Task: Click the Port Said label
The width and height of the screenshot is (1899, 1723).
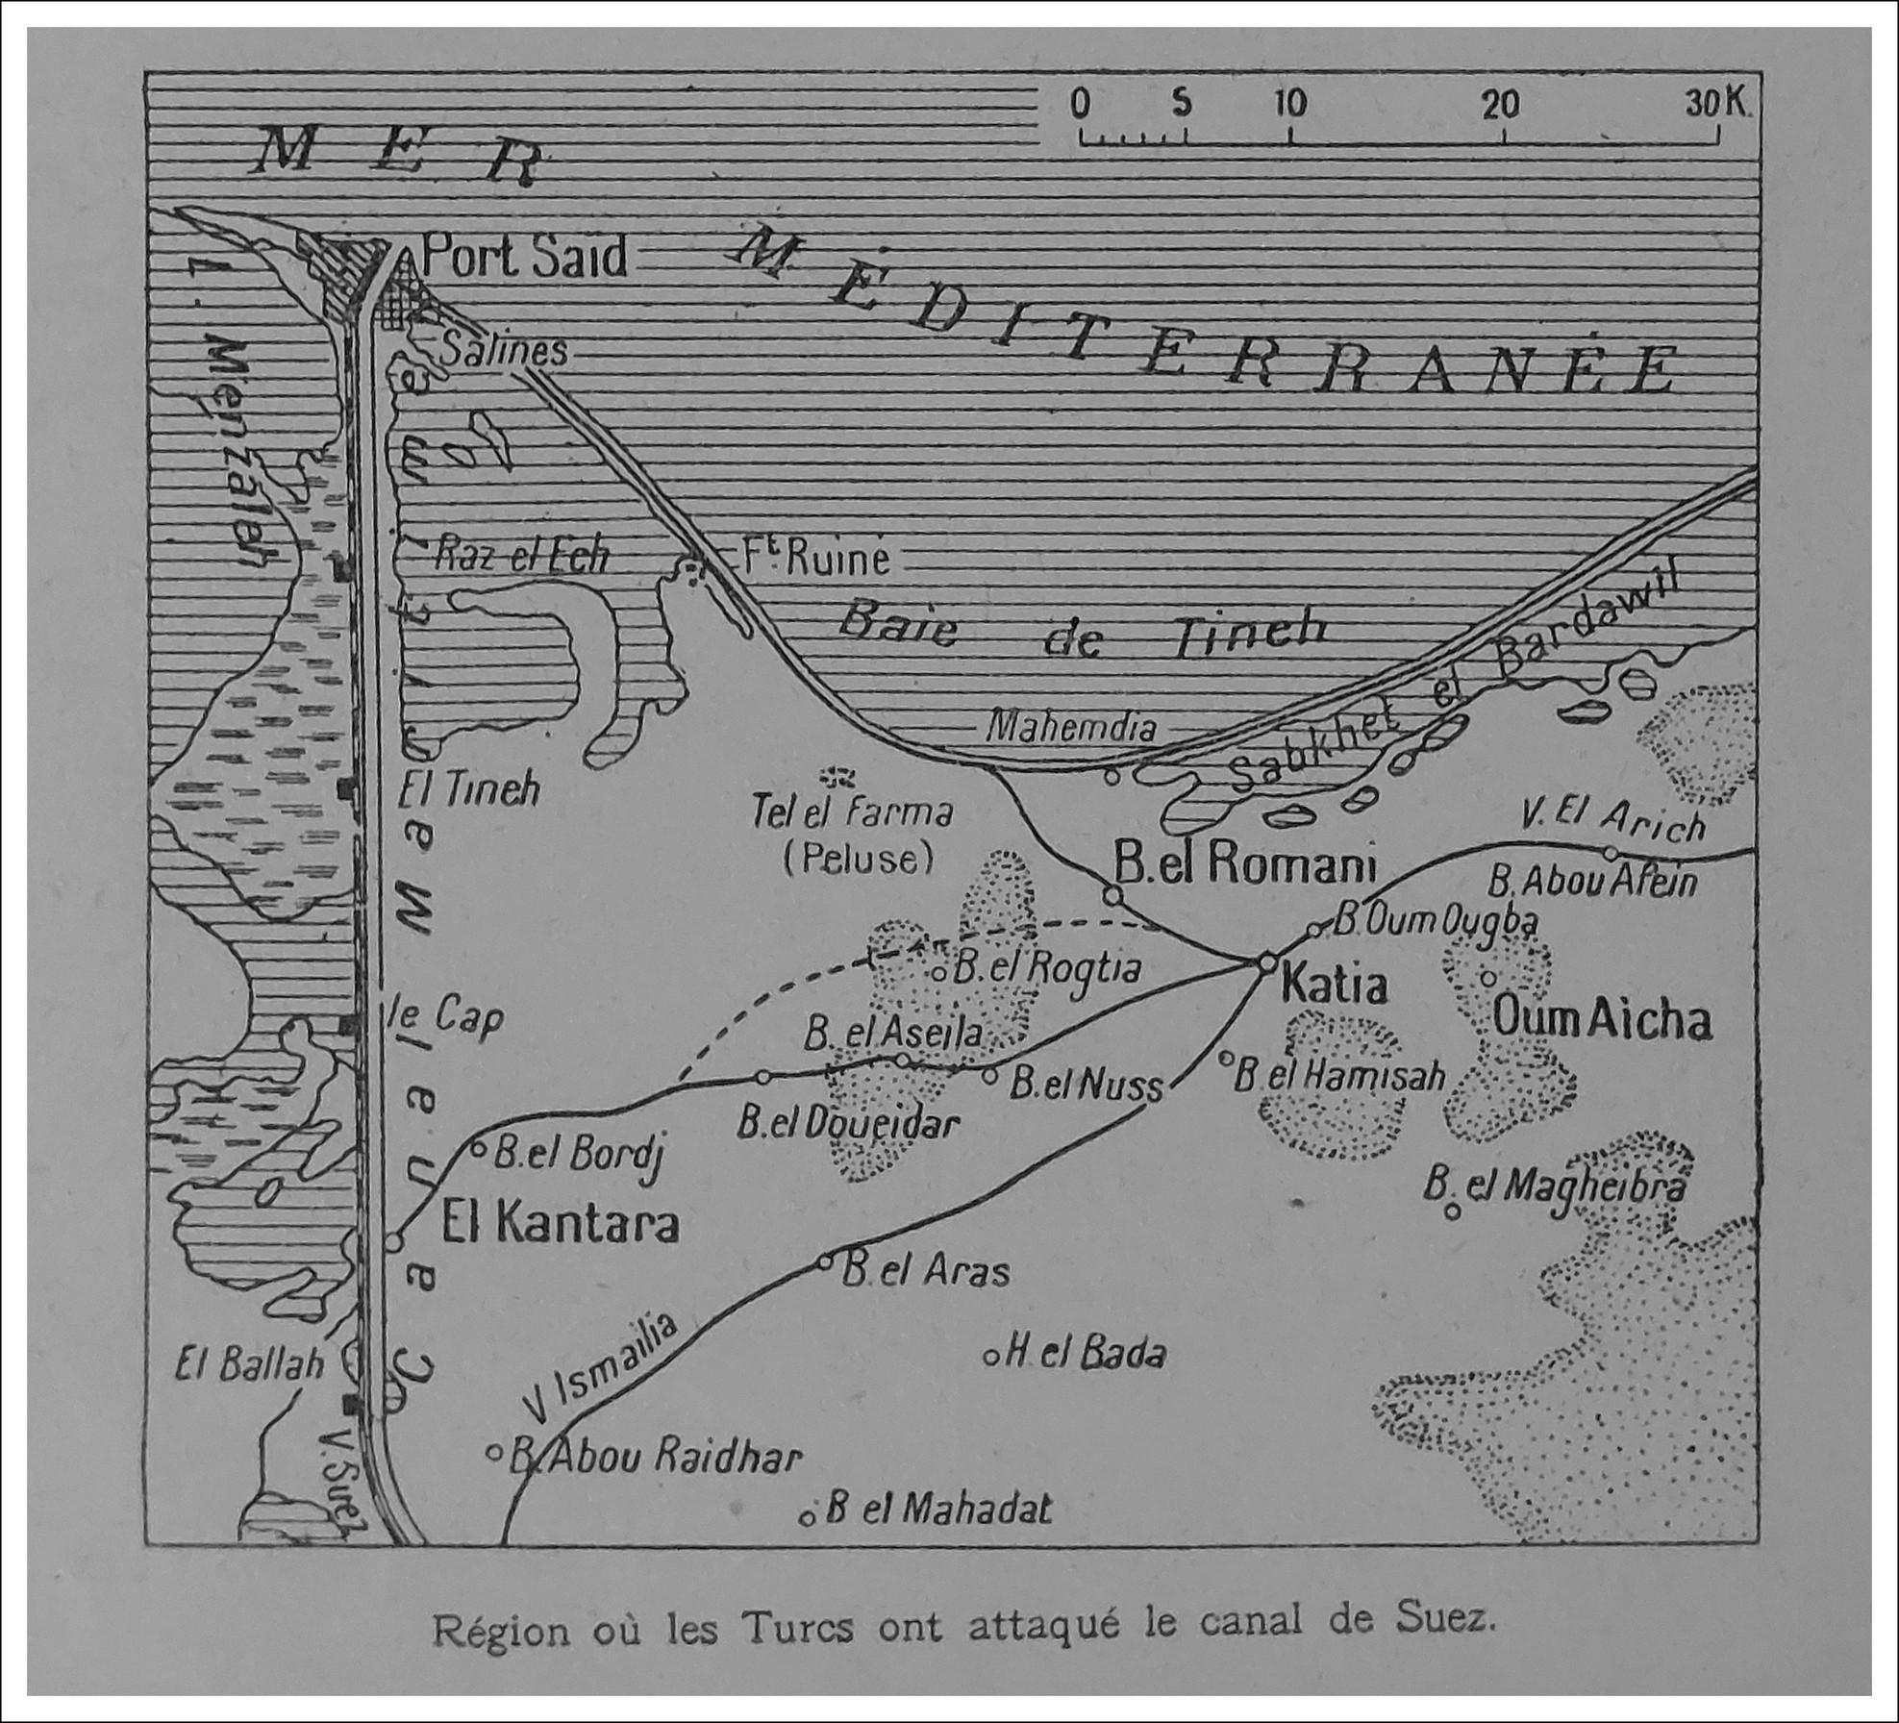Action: click(524, 258)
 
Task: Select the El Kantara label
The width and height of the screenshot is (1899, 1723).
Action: click(560, 1224)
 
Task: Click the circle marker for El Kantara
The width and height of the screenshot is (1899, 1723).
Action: click(392, 1241)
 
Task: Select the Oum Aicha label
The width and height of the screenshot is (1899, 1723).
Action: click(1600, 1020)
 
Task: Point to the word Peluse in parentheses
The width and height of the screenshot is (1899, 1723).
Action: click(858, 858)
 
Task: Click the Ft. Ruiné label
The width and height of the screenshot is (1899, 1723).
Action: click(813, 558)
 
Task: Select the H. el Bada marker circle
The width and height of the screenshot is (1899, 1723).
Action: click(990, 1357)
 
